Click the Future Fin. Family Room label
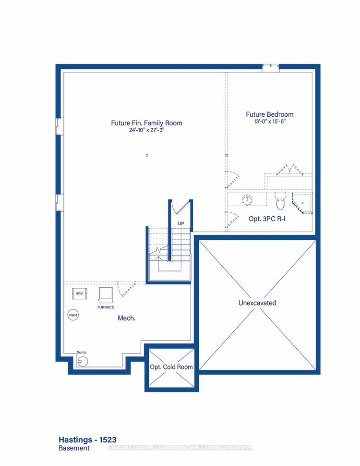point(146,123)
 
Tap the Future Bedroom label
point(269,114)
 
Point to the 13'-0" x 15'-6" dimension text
point(269,122)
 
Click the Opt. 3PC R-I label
point(268,219)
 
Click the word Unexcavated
point(257,303)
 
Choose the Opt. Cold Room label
point(171,367)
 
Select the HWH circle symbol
point(72,315)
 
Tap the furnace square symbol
point(105,294)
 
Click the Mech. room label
point(127,318)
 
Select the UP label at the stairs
point(181,224)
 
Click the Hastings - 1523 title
point(87,440)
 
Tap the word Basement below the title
point(74,448)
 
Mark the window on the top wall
point(270,68)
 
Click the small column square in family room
point(147,155)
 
